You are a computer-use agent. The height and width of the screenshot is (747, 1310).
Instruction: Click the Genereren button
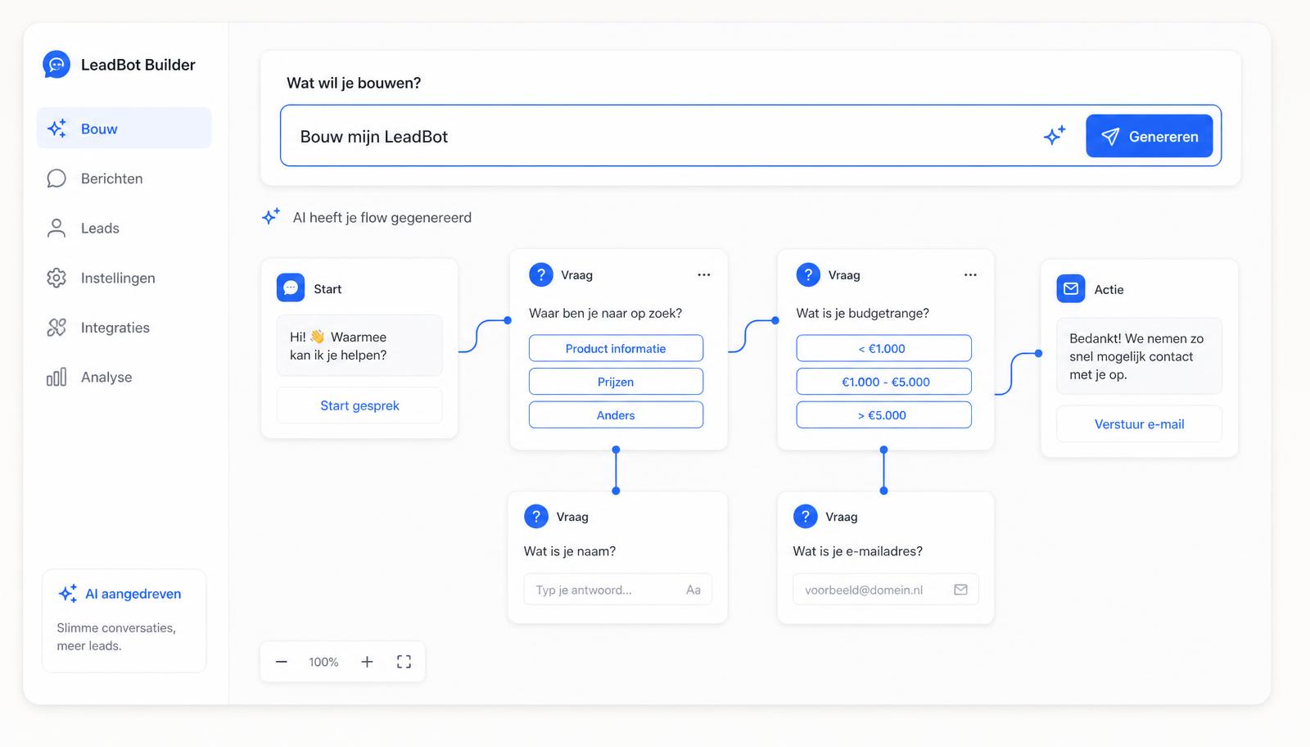pyautogui.click(x=1150, y=136)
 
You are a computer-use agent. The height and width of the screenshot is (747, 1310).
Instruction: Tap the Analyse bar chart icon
pyautogui.click(x=56, y=378)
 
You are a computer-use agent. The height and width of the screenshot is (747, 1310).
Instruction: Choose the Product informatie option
pyautogui.click(x=616, y=349)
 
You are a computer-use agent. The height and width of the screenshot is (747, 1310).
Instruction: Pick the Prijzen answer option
pyautogui.click(x=616, y=382)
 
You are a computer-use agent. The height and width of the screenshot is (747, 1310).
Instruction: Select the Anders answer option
pyautogui.click(x=616, y=415)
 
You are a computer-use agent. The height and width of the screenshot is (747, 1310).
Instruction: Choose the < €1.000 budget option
pyautogui.click(x=883, y=349)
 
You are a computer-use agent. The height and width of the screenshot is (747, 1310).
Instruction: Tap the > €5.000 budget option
pyautogui.click(x=883, y=415)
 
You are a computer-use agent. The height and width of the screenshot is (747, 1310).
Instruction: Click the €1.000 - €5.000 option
pyautogui.click(x=883, y=382)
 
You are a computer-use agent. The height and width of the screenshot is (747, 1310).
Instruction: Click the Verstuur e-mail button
pyautogui.click(x=1139, y=424)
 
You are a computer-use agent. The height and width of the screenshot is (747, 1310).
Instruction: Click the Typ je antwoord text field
pyautogui.click(x=617, y=590)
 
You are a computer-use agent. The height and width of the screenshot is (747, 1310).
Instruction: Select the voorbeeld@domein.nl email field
pyautogui.click(x=885, y=590)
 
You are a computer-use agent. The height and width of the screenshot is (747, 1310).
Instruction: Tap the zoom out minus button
pyautogui.click(x=282, y=662)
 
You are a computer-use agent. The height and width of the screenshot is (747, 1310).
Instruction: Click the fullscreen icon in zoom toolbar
pyautogui.click(x=404, y=662)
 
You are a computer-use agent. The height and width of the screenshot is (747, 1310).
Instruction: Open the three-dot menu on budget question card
pyautogui.click(x=970, y=275)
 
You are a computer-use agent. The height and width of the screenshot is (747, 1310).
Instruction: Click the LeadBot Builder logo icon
pyautogui.click(x=56, y=65)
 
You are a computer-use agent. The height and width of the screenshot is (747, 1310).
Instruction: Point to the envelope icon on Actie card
pyautogui.click(x=1071, y=289)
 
